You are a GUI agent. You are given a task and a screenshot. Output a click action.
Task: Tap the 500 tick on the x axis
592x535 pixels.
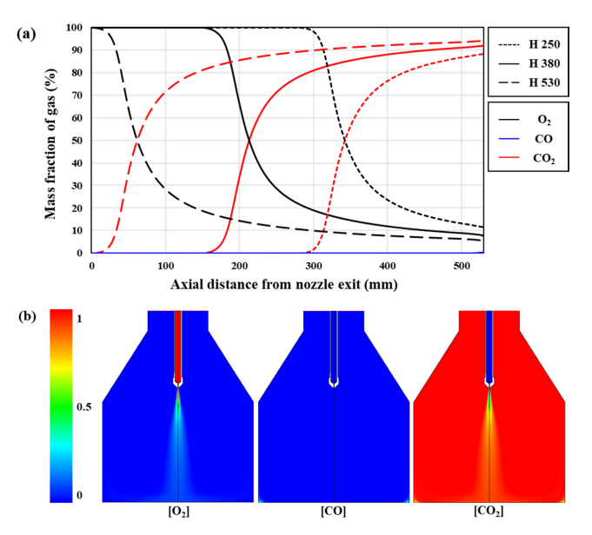(x=462, y=265)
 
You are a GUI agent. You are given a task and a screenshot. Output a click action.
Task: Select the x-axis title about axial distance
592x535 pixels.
(x=286, y=284)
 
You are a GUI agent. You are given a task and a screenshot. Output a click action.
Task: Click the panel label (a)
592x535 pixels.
(x=25, y=34)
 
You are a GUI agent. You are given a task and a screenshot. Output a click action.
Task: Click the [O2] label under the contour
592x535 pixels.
(x=178, y=512)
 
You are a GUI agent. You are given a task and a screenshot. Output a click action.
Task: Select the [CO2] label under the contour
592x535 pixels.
(x=489, y=512)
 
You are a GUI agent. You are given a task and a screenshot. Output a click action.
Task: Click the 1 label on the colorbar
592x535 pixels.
(x=81, y=319)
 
